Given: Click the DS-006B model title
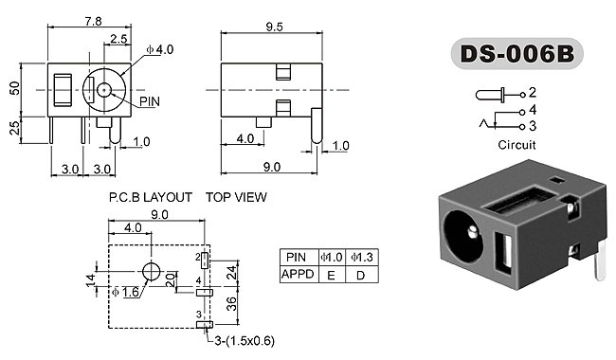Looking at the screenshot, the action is (517, 54).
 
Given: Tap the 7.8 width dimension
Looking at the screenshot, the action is (94, 21).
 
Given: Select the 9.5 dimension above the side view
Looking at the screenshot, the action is (274, 27).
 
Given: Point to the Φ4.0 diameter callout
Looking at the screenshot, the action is (160, 50).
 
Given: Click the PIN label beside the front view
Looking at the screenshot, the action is (150, 101).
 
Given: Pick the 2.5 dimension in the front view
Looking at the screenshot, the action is (118, 39).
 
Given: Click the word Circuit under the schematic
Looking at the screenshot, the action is (516, 145).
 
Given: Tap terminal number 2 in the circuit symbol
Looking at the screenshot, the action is (533, 92).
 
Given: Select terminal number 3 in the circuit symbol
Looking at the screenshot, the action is (533, 126).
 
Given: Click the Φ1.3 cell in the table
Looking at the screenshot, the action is (362, 257).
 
